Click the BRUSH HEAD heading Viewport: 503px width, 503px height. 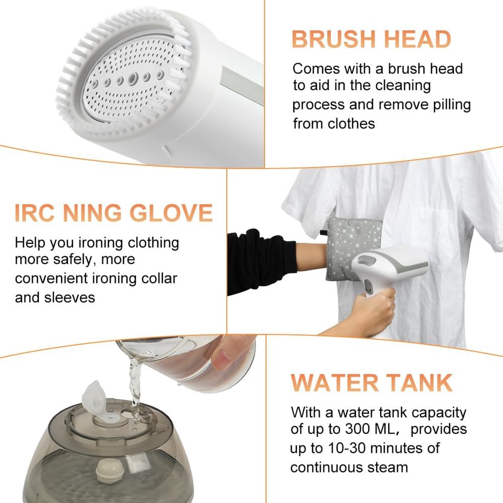(371, 39)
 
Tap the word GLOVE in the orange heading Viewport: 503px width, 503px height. (171, 213)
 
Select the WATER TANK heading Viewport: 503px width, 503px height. (371, 383)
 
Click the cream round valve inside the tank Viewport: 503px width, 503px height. (109, 468)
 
